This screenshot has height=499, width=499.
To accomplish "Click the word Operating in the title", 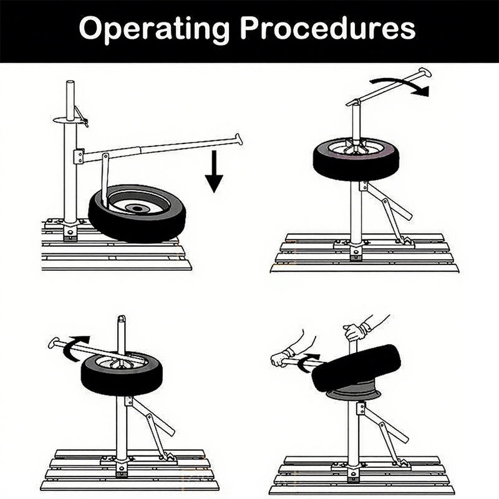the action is click(x=154, y=29).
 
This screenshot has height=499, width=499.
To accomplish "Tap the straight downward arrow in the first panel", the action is click(x=214, y=171).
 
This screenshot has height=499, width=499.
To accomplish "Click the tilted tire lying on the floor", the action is click(x=137, y=213).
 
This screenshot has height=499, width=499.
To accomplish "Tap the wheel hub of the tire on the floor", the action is click(x=137, y=208).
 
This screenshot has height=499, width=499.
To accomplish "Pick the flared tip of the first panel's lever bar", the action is click(x=239, y=138).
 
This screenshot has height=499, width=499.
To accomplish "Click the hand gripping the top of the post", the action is click(x=354, y=332).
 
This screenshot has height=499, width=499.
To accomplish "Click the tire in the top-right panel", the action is click(x=356, y=158).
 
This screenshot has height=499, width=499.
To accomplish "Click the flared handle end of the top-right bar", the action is click(x=425, y=72).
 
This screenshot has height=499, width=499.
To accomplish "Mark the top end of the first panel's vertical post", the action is click(x=70, y=84).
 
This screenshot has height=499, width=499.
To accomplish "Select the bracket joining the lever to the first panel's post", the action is click(x=79, y=156).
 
